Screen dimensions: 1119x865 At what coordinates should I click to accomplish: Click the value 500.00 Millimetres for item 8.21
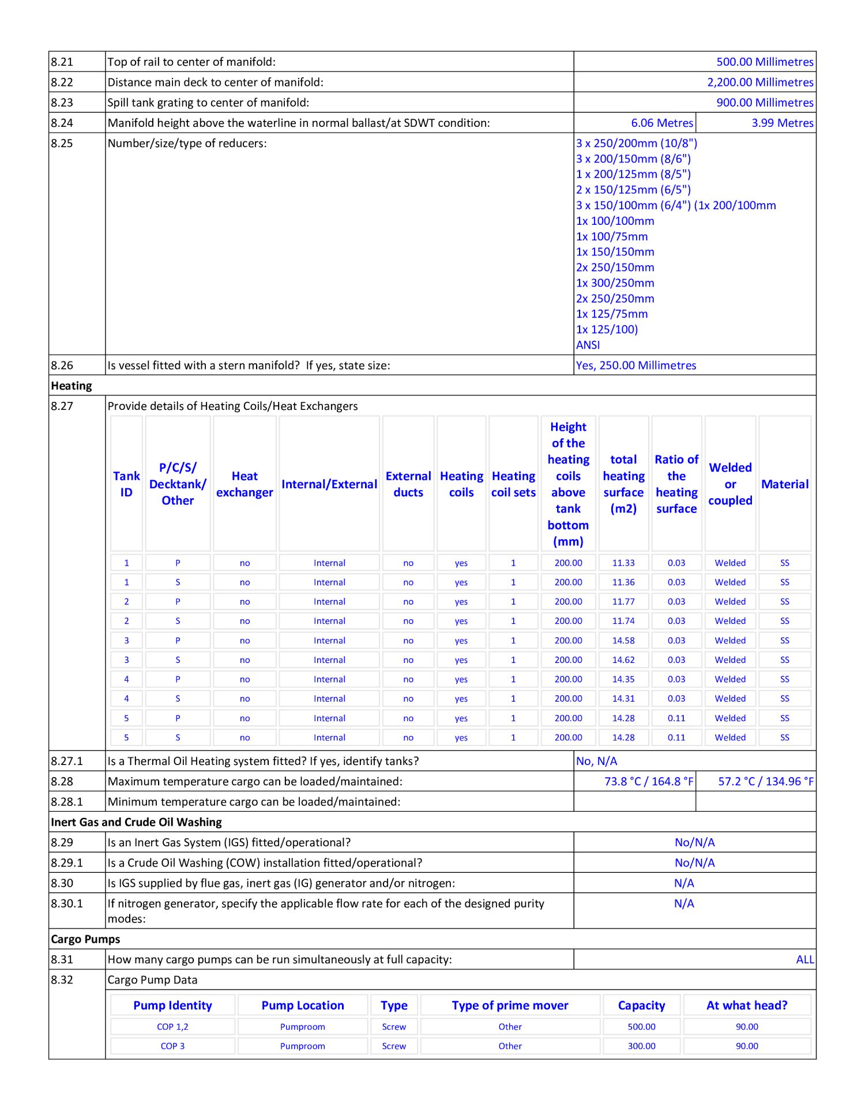click(765, 62)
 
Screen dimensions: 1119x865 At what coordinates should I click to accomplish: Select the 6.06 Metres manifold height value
click(662, 123)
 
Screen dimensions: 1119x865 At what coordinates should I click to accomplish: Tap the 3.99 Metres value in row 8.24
click(782, 123)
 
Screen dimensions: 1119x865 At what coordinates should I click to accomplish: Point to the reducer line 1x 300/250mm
click(615, 283)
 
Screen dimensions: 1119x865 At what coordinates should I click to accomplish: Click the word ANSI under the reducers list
click(588, 345)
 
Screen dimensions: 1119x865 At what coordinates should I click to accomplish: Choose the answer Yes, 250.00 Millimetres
click(635, 366)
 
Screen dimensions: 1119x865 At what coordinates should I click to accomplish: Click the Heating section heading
click(72, 386)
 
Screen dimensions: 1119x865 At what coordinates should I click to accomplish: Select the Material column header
click(784, 484)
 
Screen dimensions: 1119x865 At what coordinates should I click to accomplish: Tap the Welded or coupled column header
click(730, 484)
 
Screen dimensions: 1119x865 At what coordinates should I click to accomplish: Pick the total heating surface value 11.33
click(623, 563)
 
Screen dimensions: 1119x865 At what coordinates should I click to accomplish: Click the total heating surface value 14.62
click(623, 660)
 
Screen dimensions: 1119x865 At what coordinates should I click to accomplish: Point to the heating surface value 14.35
click(623, 680)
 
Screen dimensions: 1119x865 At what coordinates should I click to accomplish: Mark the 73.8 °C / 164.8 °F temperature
click(649, 782)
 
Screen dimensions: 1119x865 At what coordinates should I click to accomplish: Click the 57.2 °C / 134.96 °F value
click(766, 782)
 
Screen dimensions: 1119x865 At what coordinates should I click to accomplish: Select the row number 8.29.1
click(67, 863)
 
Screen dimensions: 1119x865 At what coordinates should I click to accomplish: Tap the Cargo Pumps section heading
click(85, 939)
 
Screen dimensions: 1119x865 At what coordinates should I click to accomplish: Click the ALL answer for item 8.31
click(805, 960)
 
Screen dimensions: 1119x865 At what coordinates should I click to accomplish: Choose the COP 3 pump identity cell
click(172, 1046)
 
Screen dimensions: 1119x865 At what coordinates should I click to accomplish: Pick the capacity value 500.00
click(641, 1027)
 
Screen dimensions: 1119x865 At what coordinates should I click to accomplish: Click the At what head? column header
click(747, 1005)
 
